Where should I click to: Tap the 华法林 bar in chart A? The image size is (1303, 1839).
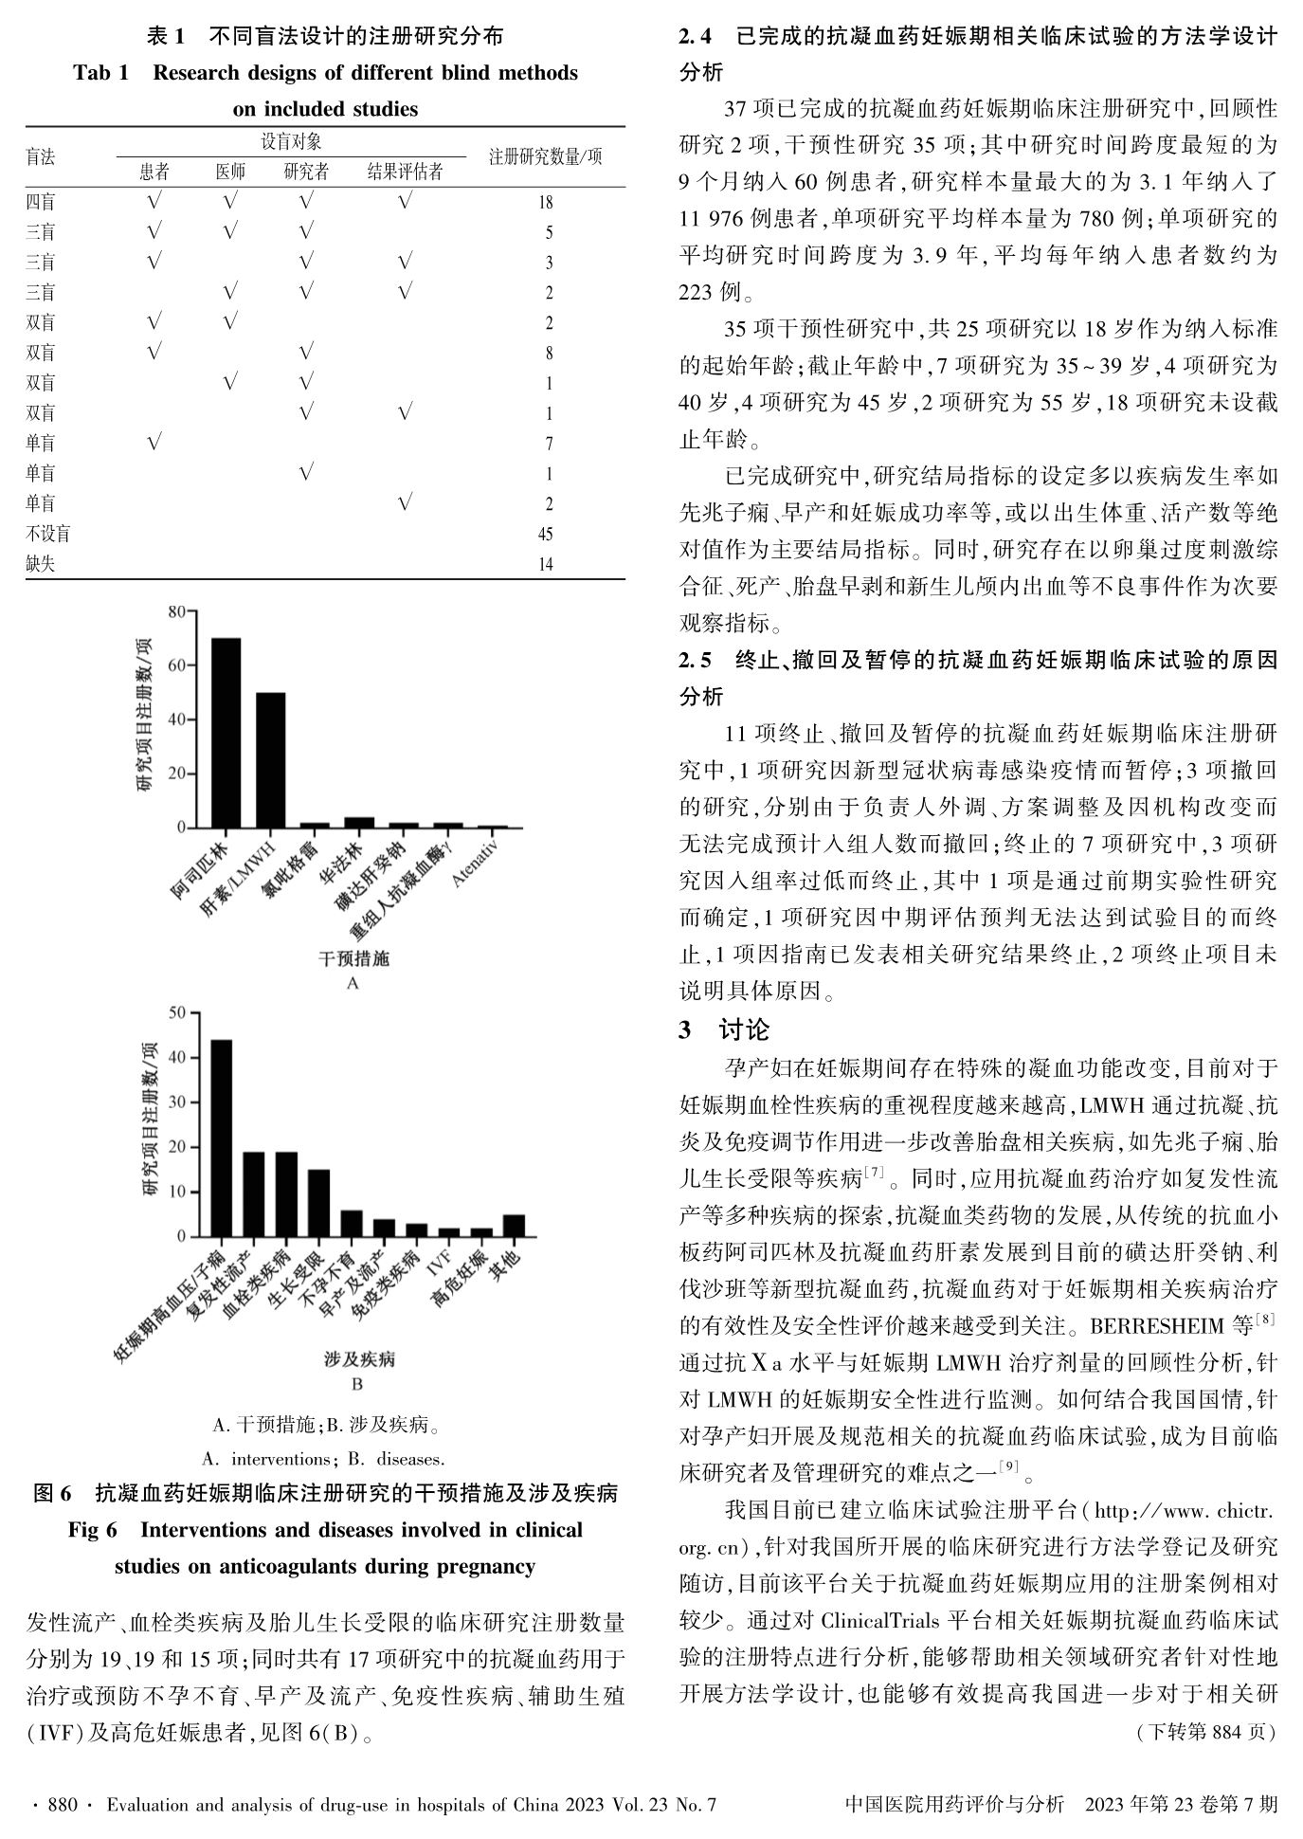[x=359, y=822]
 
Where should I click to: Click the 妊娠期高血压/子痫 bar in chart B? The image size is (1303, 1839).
[x=221, y=1138]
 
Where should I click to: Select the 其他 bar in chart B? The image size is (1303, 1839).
[x=514, y=1226]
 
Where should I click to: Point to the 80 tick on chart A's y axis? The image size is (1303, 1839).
[x=177, y=612]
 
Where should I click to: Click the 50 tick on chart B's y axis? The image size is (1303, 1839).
[x=177, y=1013]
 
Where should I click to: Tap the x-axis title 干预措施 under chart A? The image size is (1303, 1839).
[x=353, y=958]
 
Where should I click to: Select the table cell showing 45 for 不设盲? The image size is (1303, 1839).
[x=545, y=535]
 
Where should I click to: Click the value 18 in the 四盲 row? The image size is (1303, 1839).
[x=545, y=202]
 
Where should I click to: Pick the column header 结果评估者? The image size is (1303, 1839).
[x=405, y=172]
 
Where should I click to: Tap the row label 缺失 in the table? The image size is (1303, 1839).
[x=41, y=565]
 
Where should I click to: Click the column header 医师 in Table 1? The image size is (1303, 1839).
[x=230, y=172]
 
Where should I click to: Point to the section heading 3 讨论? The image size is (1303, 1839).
[x=725, y=1029]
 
